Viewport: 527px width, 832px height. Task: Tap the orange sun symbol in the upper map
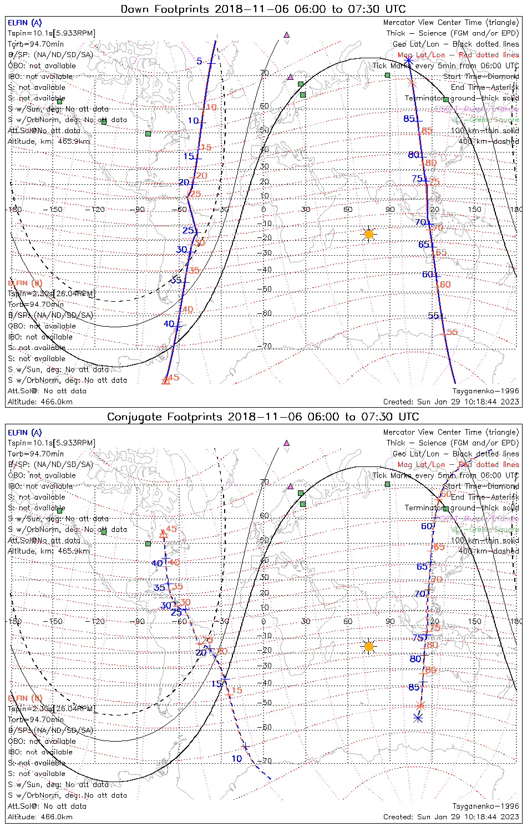[369, 234]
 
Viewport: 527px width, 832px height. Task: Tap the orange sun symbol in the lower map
[369, 646]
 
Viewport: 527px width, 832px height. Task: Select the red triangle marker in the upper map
[165, 381]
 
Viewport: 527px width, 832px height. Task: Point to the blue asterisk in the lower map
[418, 718]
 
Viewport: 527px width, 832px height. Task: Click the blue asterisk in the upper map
[408, 60]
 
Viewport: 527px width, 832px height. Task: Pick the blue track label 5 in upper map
[199, 61]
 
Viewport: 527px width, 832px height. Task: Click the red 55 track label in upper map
[452, 332]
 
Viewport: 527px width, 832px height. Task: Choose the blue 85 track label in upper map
[409, 119]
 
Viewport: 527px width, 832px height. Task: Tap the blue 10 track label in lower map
[237, 759]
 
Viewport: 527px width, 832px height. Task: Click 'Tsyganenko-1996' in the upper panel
[485, 391]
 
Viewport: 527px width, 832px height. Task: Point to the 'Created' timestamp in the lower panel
[451, 816]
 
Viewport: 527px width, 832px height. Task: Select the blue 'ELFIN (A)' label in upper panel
[24, 23]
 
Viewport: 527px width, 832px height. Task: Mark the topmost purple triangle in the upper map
[287, 34]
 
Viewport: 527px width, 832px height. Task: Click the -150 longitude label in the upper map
[55, 210]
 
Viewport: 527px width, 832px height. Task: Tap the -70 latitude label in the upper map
[266, 347]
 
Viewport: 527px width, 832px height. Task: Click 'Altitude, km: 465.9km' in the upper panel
[49, 141]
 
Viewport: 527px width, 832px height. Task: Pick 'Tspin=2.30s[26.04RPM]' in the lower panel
[52, 709]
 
